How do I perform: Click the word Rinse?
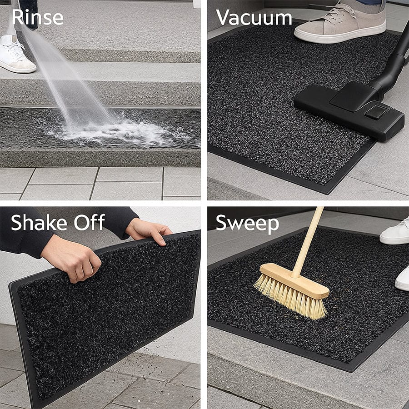tap(37, 17)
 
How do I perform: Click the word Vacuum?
tap(254, 18)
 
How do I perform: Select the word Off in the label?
tap(90, 223)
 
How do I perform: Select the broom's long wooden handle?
tap(309, 241)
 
